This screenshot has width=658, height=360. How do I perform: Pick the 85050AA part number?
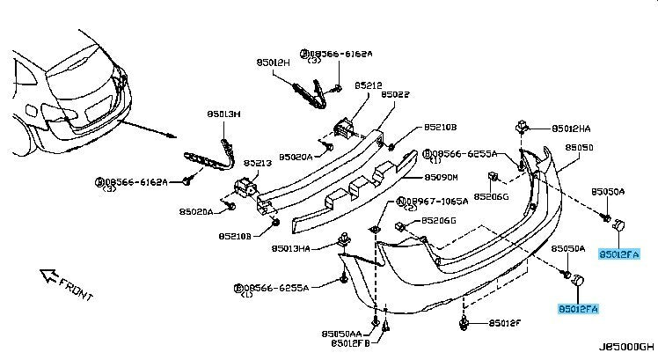click(341, 333)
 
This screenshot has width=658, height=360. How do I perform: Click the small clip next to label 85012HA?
click(524, 127)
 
